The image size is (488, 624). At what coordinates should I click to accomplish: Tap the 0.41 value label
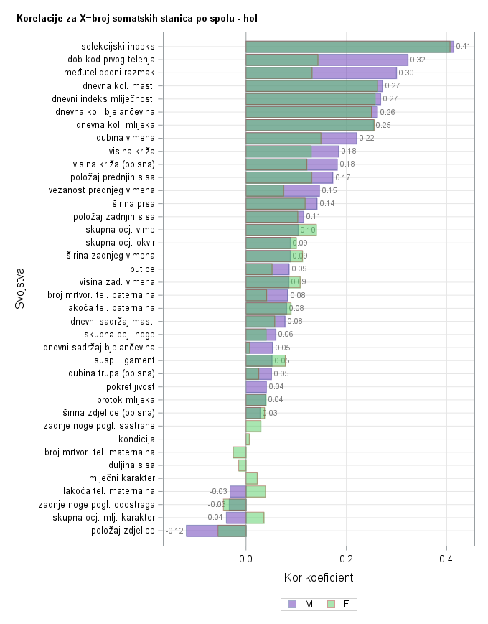point(463,47)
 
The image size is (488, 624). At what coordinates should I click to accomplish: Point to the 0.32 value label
point(418,60)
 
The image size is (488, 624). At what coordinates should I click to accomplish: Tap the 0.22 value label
point(367,138)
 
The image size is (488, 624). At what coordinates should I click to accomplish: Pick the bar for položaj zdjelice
point(215,531)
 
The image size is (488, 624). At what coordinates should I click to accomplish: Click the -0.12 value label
point(174,531)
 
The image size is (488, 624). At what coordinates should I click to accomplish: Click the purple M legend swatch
point(292,605)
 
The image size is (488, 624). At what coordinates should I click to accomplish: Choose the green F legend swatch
point(332,605)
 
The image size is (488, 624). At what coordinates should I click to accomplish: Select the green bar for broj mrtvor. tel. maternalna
point(240,452)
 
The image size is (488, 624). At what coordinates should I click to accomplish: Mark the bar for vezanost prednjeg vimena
point(282,190)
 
